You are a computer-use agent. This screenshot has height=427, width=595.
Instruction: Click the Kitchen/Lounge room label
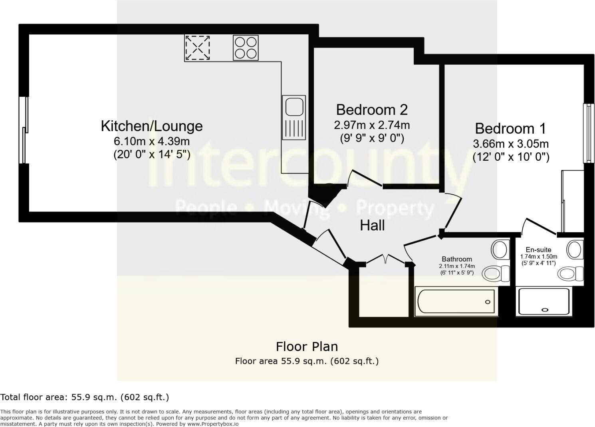click(151, 126)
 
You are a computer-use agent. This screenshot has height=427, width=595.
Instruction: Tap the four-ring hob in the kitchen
click(246, 48)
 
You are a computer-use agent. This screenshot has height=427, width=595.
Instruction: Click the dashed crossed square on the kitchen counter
click(197, 48)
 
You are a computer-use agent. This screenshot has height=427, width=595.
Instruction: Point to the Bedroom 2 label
click(371, 110)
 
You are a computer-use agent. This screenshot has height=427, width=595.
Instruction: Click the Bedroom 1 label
click(510, 129)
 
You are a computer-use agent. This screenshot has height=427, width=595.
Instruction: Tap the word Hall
click(372, 225)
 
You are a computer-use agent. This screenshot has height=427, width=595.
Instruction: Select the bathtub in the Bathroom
click(455, 302)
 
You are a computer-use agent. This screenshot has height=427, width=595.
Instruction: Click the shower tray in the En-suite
click(543, 301)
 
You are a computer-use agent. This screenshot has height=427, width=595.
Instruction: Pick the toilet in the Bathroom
click(496, 274)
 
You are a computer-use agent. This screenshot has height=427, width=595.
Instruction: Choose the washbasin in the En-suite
click(575, 249)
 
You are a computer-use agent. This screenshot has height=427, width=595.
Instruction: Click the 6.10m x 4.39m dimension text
click(151, 141)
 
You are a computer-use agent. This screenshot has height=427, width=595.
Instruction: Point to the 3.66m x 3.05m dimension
click(510, 144)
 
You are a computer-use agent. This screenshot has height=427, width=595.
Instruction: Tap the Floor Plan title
click(307, 346)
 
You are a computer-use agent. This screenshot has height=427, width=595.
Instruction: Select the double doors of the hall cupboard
click(386, 259)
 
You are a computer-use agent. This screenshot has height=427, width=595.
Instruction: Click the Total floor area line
click(85, 397)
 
